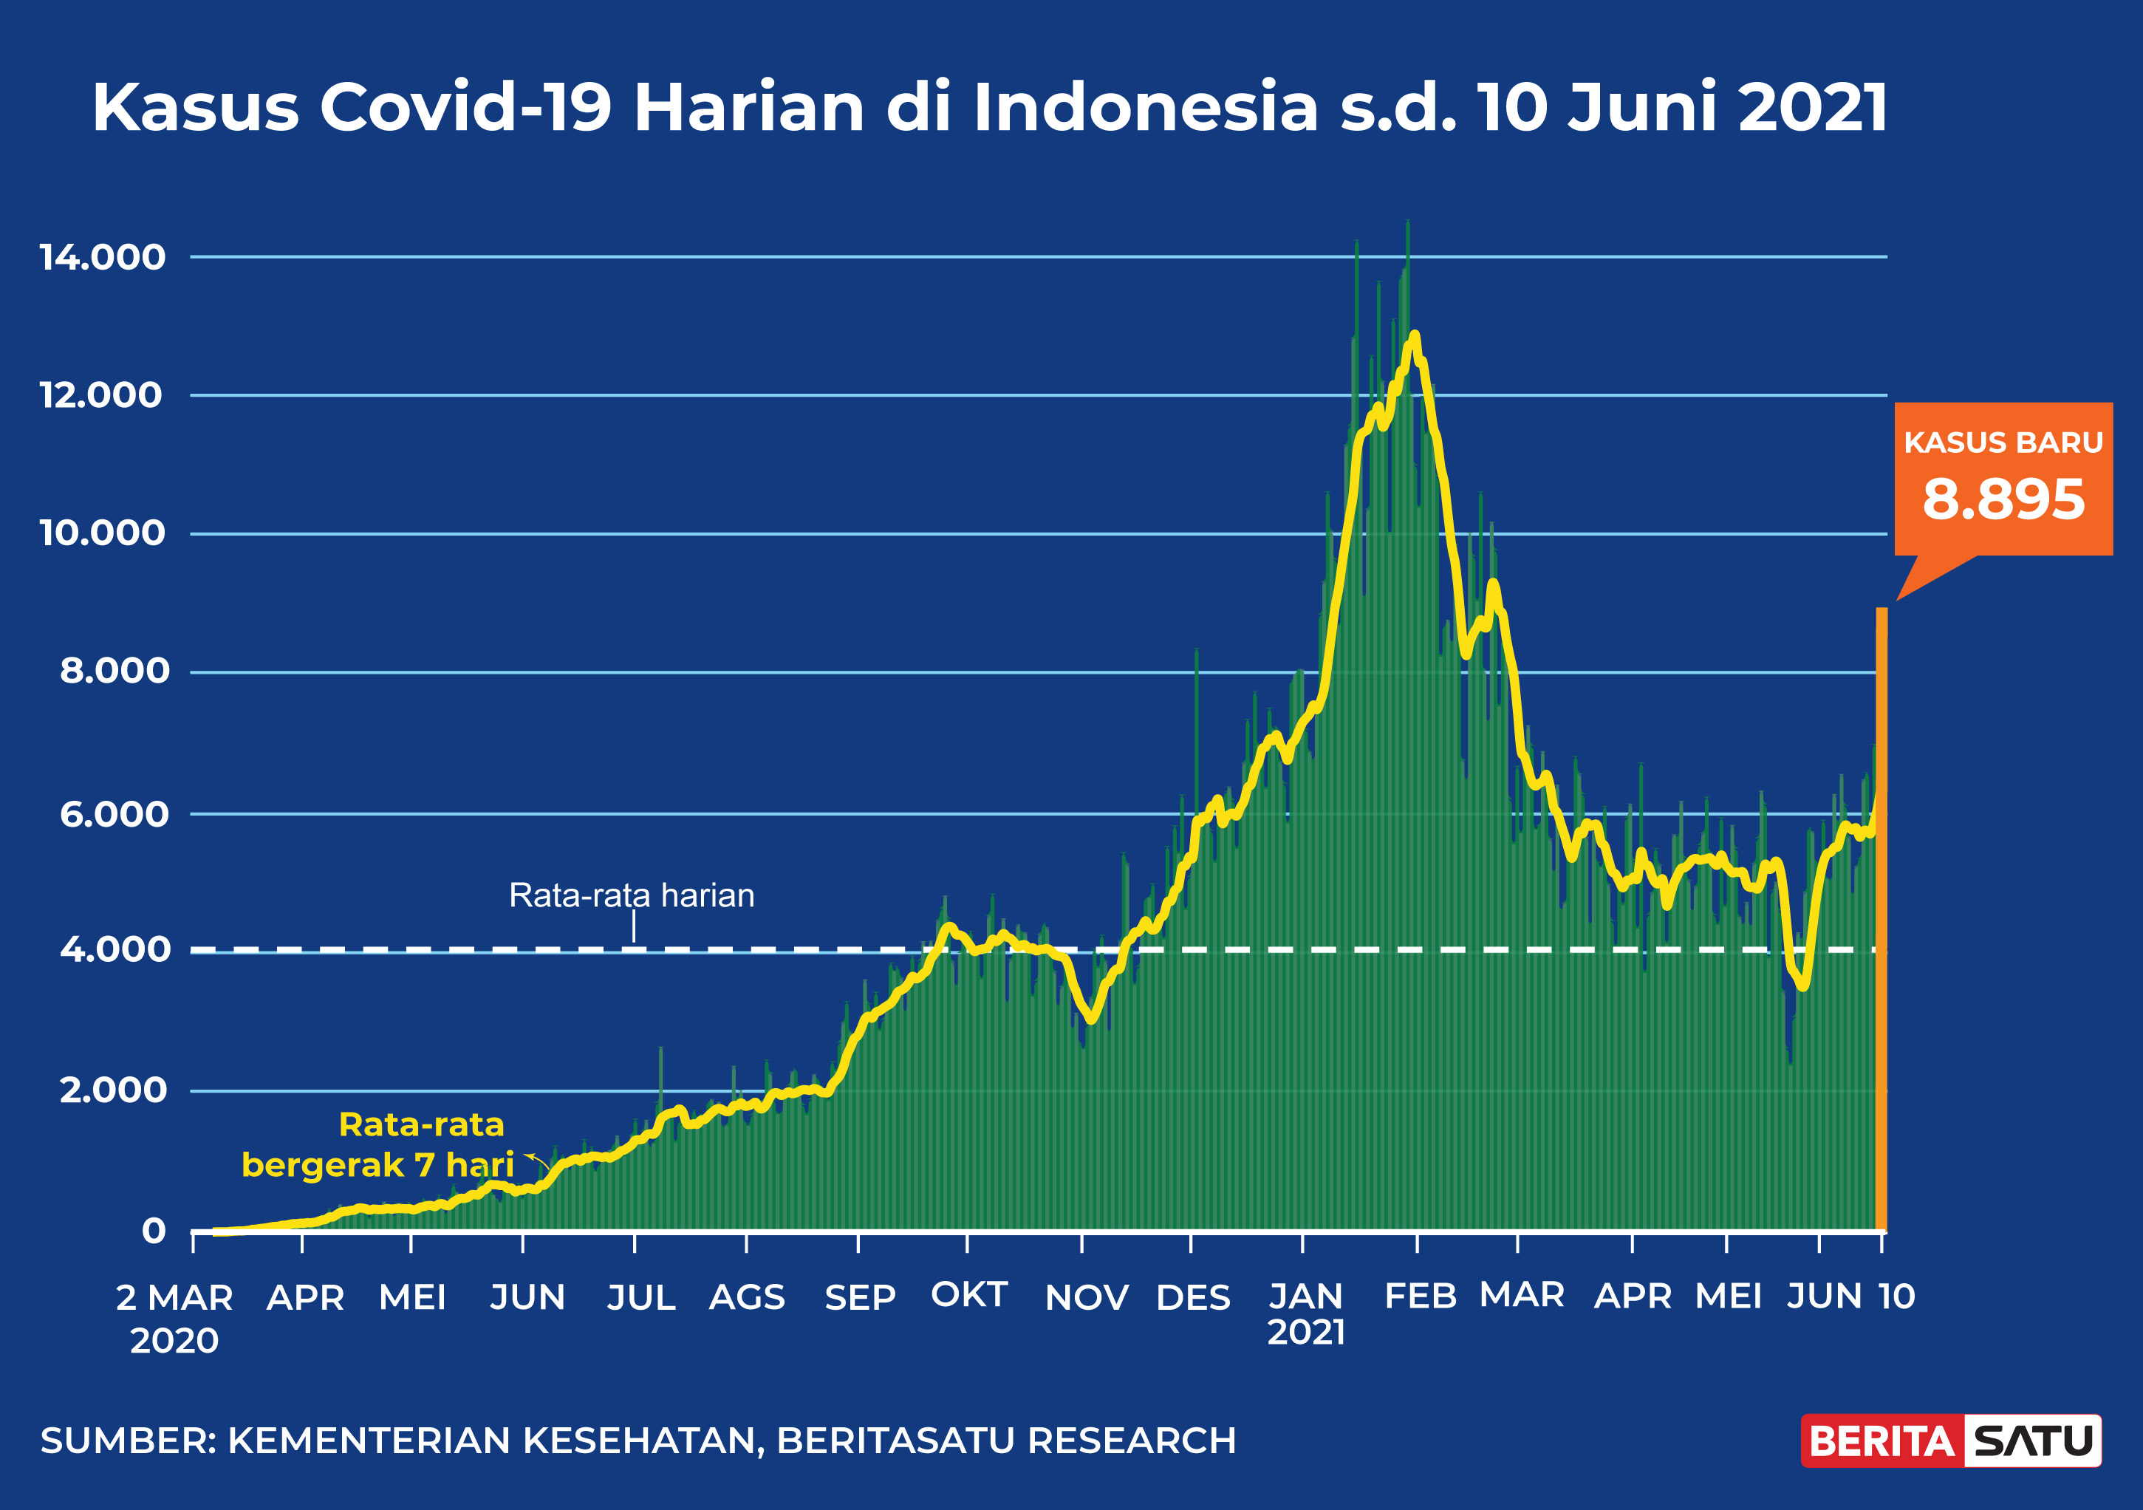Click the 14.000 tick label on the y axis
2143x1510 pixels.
point(102,258)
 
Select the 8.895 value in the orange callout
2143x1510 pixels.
point(2003,499)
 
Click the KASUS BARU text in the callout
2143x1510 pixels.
point(2003,443)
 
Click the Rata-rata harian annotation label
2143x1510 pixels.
point(632,896)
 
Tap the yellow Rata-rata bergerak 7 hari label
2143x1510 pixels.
point(378,1145)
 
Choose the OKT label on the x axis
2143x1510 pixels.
point(969,1295)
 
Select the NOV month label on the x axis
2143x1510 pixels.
point(1087,1297)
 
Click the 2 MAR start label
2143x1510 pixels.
point(174,1297)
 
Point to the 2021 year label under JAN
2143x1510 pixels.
point(1306,1333)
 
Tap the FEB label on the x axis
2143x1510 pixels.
point(1420,1297)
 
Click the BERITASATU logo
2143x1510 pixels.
point(1951,1441)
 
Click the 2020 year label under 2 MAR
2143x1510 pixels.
point(174,1341)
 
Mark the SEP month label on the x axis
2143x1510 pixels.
point(860,1297)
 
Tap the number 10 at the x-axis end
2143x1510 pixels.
point(1896,1297)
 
